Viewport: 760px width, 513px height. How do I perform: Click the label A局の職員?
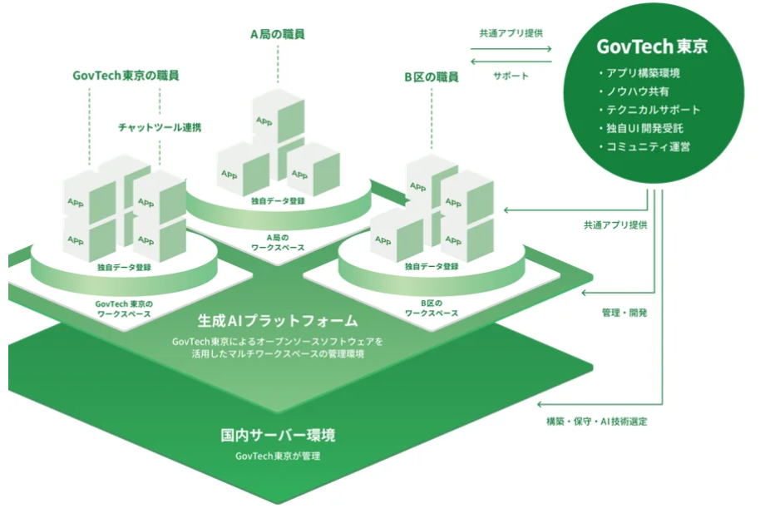tap(277, 35)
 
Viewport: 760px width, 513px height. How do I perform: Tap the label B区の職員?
tap(432, 77)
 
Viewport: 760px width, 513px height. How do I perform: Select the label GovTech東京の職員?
tap(126, 75)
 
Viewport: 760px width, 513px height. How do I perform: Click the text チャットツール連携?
tap(159, 127)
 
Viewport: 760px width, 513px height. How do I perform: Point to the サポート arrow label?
tap(510, 76)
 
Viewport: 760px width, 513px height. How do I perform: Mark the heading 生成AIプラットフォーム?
tap(278, 320)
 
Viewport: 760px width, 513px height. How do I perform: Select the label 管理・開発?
tap(624, 313)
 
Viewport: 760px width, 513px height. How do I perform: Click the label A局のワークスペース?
tap(277, 242)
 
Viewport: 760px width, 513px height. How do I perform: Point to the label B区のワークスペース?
tap(432, 308)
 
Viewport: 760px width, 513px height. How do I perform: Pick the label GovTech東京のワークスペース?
tap(123, 308)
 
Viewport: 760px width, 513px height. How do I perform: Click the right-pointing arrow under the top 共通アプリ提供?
tap(510, 48)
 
